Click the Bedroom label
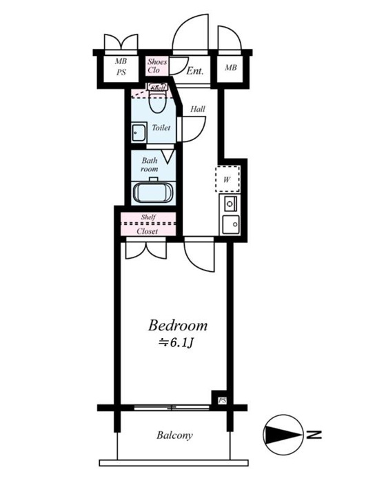[x=178, y=326]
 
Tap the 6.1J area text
[x=175, y=343]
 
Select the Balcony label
[x=174, y=435]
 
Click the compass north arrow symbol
[x=283, y=435]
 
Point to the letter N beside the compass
[x=314, y=435]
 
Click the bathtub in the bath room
[x=153, y=193]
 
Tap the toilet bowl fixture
[x=157, y=98]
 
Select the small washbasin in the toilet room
[x=139, y=132]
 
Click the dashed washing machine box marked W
[x=227, y=179]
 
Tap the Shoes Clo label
[x=157, y=66]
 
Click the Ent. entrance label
[x=195, y=71]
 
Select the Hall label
[x=198, y=109]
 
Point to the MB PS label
[x=121, y=67]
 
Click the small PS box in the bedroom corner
[x=222, y=401]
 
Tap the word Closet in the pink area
[x=148, y=231]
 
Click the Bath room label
[x=150, y=164]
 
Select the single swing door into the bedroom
[x=199, y=255]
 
